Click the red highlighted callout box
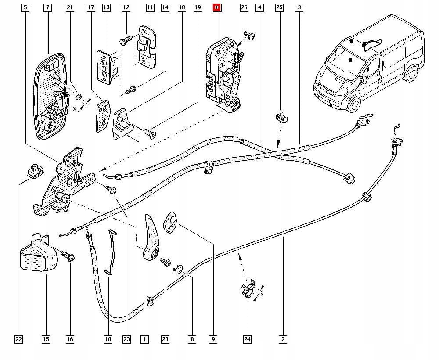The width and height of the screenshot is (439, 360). click(x=217, y=7)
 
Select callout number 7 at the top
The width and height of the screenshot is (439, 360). click(x=47, y=7)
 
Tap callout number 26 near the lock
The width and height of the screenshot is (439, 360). click(x=245, y=7)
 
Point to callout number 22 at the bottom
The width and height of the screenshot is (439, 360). click(x=18, y=339)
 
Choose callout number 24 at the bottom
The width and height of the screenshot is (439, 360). click(x=248, y=339)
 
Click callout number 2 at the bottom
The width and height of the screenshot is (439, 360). click(x=283, y=339)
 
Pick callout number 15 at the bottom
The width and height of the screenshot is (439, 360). click(x=46, y=339)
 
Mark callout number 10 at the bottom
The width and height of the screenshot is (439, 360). click(x=108, y=339)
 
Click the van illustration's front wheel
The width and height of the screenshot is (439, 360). click(x=353, y=104)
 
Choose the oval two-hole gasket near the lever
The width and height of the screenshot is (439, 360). click(x=170, y=220)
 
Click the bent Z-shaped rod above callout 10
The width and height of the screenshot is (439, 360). click(x=111, y=252)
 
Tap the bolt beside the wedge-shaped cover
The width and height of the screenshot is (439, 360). click(x=69, y=256)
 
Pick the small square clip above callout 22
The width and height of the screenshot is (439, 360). click(x=33, y=169)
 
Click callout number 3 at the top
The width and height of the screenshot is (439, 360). click(x=299, y=7)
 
